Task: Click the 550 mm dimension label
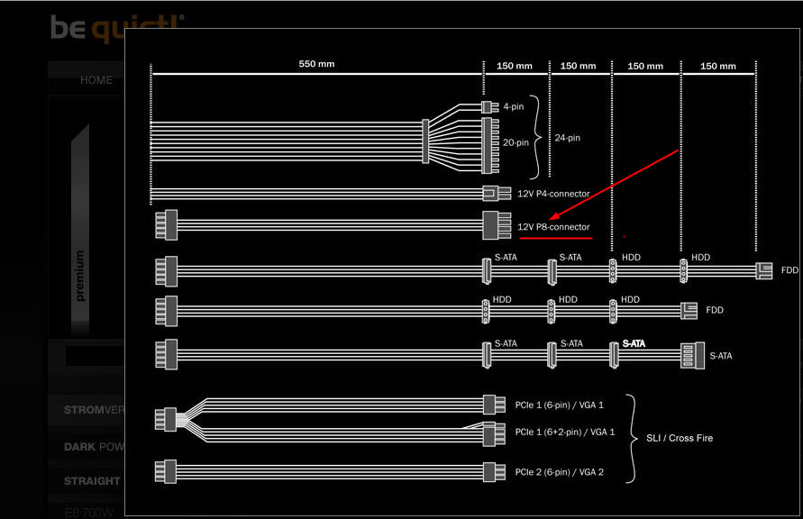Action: click(x=316, y=65)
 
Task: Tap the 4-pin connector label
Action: click(x=514, y=106)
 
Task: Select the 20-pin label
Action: click(x=516, y=141)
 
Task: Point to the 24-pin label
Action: click(x=568, y=138)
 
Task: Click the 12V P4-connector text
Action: click(x=553, y=194)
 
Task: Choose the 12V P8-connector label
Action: click(x=553, y=227)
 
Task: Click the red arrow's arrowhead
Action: click(x=553, y=217)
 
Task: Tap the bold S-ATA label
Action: click(x=634, y=343)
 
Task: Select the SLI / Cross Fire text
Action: click(x=679, y=438)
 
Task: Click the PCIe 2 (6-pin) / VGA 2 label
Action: click(x=559, y=472)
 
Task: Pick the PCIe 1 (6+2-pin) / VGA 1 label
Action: click(x=564, y=432)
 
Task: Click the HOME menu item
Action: click(x=96, y=80)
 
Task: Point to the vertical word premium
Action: click(x=80, y=275)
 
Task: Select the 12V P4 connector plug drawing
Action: click(x=490, y=193)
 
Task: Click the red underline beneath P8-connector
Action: click(x=555, y=239)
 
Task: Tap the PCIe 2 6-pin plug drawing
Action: click(x=489, y=471)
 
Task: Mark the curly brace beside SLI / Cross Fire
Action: click(x=633, y=438)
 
